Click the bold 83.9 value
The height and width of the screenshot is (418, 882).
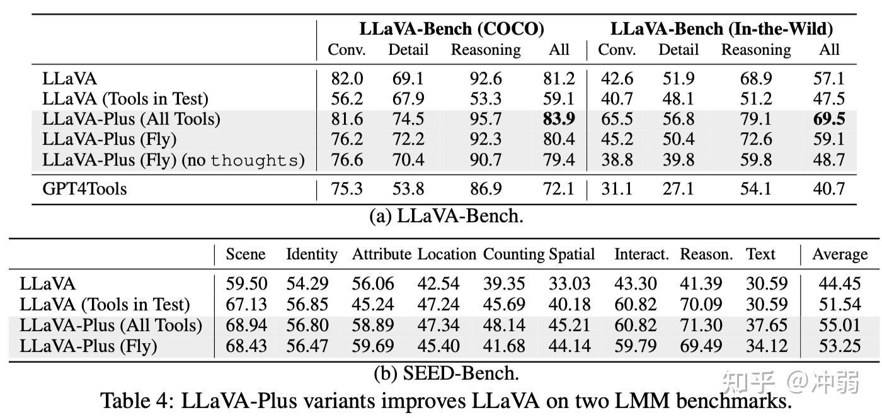tap(559, 120)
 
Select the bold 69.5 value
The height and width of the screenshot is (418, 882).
tap(829, 120)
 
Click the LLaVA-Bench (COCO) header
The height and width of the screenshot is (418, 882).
tap(452, 29)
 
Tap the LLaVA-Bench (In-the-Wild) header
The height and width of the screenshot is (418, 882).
tap(721, 29)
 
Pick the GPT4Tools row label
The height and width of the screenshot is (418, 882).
tap(84, 188)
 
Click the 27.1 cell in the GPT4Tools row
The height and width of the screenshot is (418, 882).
tap(678, 188)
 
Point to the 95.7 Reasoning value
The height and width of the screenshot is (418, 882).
tap(485, 120)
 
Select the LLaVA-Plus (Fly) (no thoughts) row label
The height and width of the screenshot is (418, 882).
tap(173, 160)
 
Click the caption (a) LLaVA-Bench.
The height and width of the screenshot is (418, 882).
tap(446, 216)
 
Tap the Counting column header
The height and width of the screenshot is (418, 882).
tap(513, 254)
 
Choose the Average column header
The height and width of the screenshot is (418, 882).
tap(839, 254)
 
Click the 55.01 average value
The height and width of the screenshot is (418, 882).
tap(839, 325)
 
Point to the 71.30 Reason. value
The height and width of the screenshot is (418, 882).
tap(701, 325)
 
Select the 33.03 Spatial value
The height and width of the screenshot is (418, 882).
tap(570, 285)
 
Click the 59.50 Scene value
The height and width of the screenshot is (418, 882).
tap(246, 285)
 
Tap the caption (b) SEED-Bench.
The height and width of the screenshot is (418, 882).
tap(446, 373)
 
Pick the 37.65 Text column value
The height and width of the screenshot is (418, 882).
tap(766, 325)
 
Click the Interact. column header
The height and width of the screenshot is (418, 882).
tap(641, 254)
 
